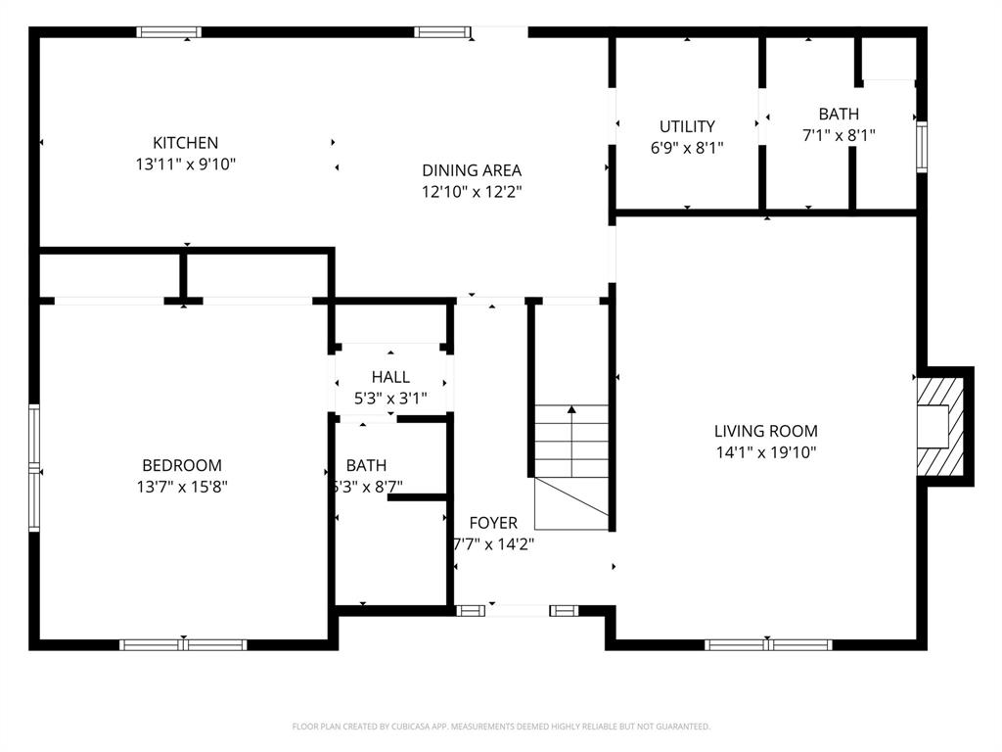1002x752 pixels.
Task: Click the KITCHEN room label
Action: click(185, 143)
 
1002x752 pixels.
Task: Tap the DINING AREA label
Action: click(472, 170)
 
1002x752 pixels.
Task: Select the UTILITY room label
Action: click(687, 126)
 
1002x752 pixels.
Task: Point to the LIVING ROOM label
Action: click(765, 431)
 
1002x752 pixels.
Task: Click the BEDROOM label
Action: click(182, 466)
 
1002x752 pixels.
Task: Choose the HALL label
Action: click(390, 377)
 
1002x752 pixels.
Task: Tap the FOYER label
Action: click(493, 523)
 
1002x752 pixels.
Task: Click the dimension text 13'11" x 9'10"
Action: click(185, 164)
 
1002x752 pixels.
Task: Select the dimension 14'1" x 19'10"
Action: click(765, 452)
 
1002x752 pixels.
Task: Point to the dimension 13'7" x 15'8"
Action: click(182, 487)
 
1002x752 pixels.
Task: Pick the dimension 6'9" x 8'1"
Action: click(687, 148)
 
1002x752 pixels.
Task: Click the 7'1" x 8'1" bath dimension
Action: click(839, 136)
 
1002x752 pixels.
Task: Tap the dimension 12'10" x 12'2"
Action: click(472, 192)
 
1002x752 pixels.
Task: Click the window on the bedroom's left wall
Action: click(34, 467)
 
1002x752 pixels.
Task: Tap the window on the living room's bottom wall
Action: click(768, 644)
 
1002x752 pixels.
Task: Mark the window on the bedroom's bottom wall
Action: click(183, 644)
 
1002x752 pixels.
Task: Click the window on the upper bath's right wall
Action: click(921, 147)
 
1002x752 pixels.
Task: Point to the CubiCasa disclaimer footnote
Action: click(501, 727)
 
